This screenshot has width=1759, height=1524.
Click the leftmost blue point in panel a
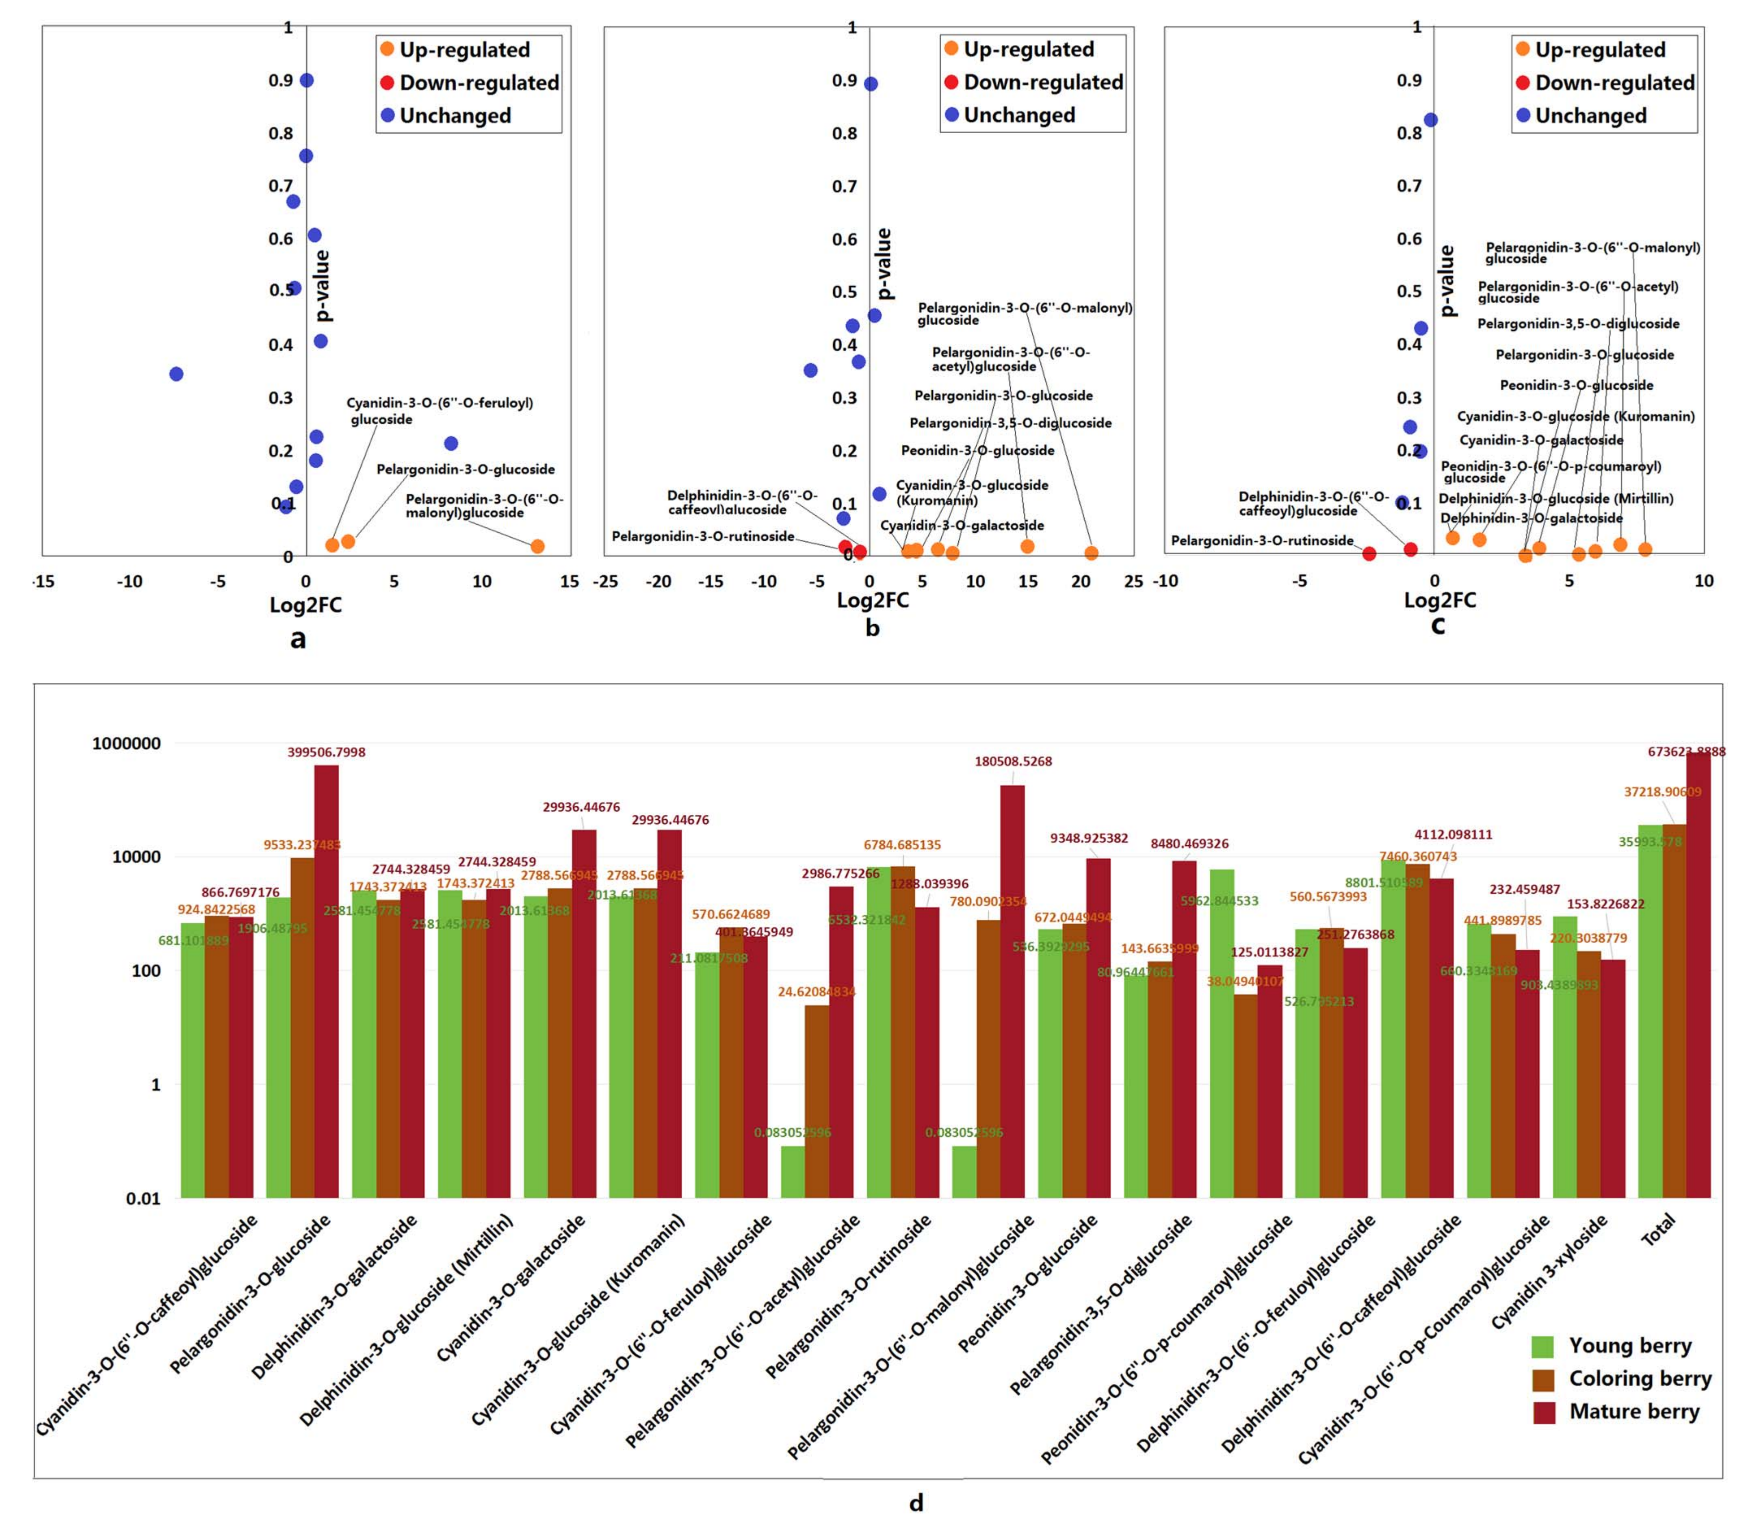[x=176, y=374]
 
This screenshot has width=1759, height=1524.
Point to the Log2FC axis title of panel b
[x=873, y=600]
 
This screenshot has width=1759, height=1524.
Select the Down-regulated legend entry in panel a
[x=479, y=82]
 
